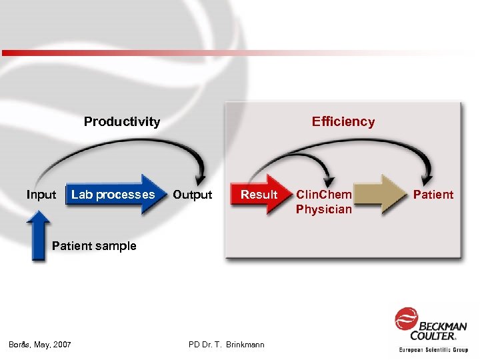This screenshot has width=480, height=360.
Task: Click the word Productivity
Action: click(x=121, y=121)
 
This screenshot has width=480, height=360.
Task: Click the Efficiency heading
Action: click(x=343, y=121)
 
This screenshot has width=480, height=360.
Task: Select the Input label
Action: click(x=41, y=195)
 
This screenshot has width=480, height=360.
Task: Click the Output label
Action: click(x=192, y=195)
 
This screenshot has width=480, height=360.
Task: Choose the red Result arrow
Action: click(x=259, y=195)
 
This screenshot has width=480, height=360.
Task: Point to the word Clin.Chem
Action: click(x=324, y=195)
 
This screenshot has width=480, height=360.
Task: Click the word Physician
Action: click(x=324, y=209)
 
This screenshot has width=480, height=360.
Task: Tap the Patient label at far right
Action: click(x=433, y=195)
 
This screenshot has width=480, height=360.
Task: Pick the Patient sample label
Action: click(x=94, y=246)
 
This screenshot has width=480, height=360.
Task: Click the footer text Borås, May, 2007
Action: click(x=40, y=344)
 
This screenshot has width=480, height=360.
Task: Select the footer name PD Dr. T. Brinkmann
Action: click(x=227, y=344)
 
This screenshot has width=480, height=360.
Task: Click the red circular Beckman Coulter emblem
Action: click(x=406, y=319)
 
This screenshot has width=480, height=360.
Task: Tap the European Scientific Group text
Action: click(x=433, y=349)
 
